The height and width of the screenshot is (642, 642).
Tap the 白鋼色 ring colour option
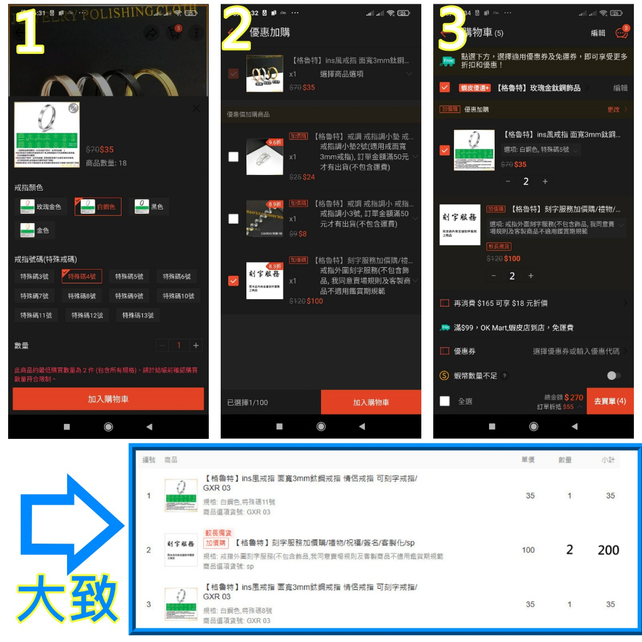click(98, 206)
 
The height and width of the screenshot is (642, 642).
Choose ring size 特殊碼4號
click(82, 276)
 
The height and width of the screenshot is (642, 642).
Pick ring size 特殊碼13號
click(137, 315)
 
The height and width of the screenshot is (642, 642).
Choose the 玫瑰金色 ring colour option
click(41, 206)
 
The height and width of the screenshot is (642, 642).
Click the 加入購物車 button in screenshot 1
click(108, 399)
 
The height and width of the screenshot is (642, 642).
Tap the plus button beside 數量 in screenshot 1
click(196, 345)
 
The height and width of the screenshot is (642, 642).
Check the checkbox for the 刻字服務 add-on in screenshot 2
click(233, 280)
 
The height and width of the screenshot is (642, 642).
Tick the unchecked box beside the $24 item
click(233, 157)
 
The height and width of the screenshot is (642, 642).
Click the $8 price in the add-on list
click(303, 234)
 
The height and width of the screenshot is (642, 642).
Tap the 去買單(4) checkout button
click(609, 401)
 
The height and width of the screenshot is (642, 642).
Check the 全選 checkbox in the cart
click(445, 401)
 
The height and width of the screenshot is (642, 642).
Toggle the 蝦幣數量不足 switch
click(614, 376)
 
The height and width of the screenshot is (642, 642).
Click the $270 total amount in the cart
click(574, 397)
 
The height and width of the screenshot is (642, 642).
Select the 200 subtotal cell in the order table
click(608, 550)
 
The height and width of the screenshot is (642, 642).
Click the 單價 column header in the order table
click(528, 460)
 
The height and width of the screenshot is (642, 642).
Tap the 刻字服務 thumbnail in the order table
click(181, 550)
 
